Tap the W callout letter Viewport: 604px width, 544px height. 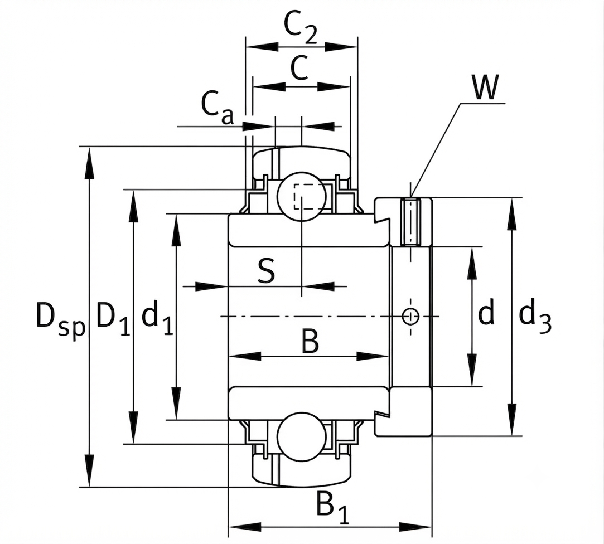tap(485, 87)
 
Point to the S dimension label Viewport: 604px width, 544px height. tap(266, 270)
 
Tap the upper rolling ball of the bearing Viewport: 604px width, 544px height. tap(302, 196)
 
